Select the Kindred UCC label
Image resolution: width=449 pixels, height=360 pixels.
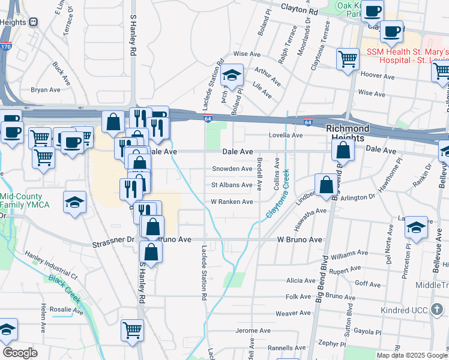[406, 310]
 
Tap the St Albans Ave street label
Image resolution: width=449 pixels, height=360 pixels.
[231, 185]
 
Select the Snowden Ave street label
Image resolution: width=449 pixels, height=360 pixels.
[231, 169]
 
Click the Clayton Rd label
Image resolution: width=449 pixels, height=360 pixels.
[298, 11]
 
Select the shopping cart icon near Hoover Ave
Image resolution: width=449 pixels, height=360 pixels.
[348, 59]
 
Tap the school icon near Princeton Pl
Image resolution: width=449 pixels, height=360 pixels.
[416, 227]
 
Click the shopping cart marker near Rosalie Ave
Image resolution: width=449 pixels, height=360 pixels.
[132, 329]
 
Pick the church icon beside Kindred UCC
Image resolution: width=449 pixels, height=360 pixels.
[439, 310]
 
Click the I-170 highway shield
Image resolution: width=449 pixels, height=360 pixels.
[6, 45]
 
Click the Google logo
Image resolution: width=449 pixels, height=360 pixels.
[20, 353]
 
